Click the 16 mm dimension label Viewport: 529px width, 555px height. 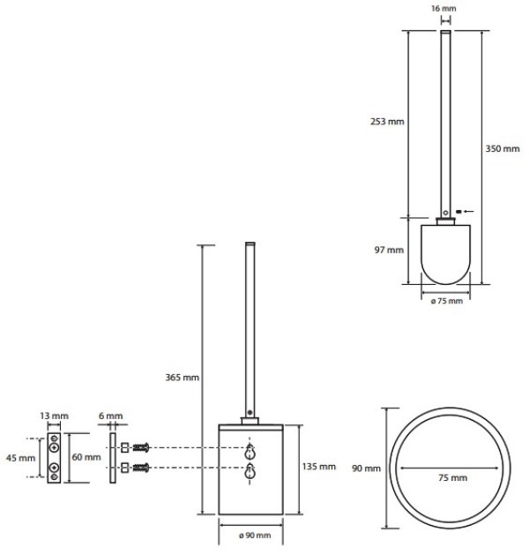[x=443, y=8]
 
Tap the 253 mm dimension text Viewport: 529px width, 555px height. [x=387, y=122]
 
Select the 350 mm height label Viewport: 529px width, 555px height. [x=503, y=148]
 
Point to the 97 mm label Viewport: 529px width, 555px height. [x=389, y=250]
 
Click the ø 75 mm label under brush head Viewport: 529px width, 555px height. [x=447, y=301]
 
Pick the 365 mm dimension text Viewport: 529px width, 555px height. [x=183, y=378]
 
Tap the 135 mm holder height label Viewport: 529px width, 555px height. [x=319, y=467]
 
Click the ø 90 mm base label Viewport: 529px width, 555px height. [x=255, y=536]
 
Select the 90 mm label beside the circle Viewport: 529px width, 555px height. [x=367, y=469]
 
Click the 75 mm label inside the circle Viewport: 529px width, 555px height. [x=453, y=478]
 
